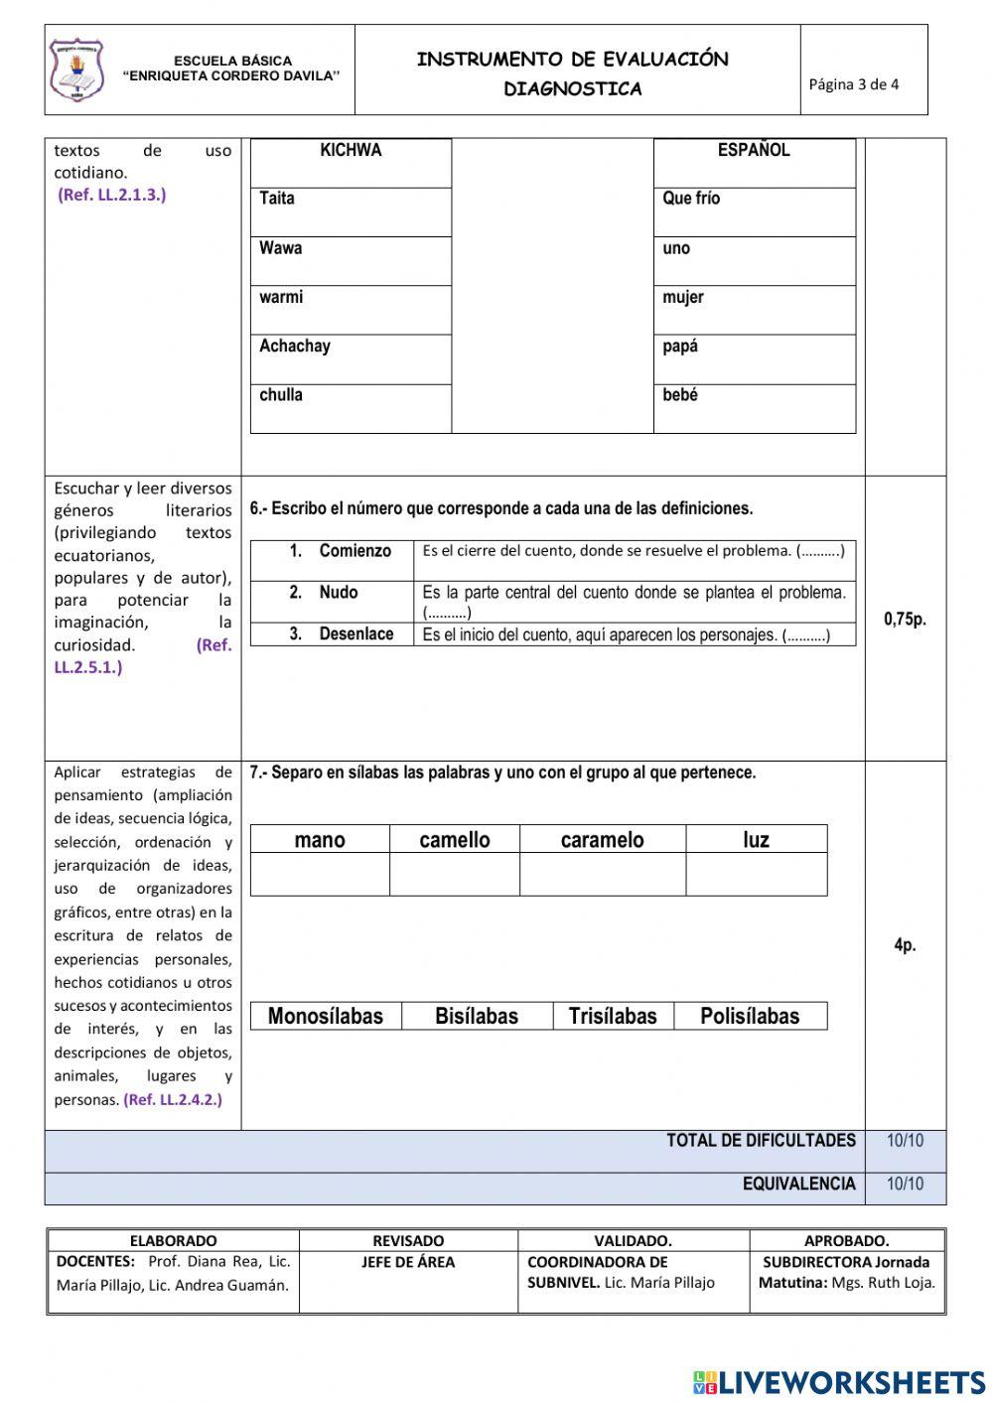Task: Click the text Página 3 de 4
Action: [x=853, y=84]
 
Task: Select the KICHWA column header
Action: [x=351, y=151]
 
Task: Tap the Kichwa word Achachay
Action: [x=295, y=347]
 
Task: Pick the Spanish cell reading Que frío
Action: [x=692, y=199]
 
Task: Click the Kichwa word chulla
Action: [x=281, y=395]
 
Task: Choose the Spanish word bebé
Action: [x=680, y=395]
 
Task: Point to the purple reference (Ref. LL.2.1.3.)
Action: [x=112, y=195]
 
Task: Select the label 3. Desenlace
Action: [x=342, y=634]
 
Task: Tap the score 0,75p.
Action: [x=905, y=620]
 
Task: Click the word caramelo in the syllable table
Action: [x=602, y=840]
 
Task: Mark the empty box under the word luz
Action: [x=756, y=875]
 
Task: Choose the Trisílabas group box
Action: [x=613, y=1017]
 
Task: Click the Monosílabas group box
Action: [x=326, y=1017]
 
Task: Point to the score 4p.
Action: [x=905, y=945]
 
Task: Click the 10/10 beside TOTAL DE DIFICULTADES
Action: [x=905, y=1141]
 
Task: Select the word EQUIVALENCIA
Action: [x=798, y=1184]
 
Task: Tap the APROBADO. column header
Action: [x=846, y=1240]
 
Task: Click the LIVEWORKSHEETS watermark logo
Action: [x=839, y=1382]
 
